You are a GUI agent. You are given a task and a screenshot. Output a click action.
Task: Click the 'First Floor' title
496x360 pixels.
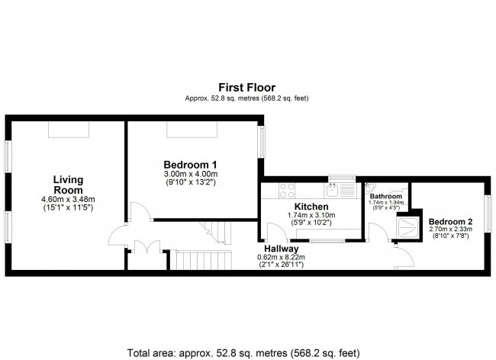tap(246, 88)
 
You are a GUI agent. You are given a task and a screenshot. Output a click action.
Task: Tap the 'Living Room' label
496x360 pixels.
tap(67, 185)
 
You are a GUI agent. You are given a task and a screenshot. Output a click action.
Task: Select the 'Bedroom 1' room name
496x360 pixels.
tap(191, 165)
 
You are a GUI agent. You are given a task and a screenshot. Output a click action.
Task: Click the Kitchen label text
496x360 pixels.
tap(311, 207)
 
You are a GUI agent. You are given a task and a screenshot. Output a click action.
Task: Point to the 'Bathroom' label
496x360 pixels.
tap(386, 196)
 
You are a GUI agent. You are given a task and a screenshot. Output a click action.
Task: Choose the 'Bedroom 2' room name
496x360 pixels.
tap(449, 222)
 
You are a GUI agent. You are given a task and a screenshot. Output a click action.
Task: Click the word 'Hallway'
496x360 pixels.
tap(281, 249)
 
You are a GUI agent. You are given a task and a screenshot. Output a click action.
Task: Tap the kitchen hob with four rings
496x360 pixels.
tap(289, 190)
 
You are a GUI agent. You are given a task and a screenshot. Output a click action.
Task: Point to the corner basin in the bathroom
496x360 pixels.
tap(369, 188)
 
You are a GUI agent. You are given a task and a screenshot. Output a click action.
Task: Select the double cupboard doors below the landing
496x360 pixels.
tap(141, 248)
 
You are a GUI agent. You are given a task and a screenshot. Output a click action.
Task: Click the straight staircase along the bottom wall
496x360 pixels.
tap(198, 262)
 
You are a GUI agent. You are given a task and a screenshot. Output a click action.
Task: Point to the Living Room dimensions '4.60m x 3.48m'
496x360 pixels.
tap(67, 200)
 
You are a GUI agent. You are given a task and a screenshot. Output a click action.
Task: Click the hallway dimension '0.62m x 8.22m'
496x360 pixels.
tap(281, 258)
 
